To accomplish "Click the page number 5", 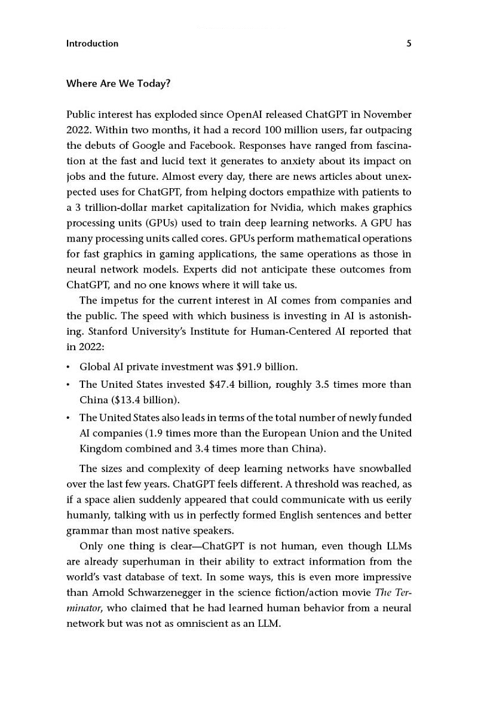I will tap(409, 44).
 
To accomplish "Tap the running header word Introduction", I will tap(92, 44).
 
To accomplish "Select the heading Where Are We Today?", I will tap(118, 84).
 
